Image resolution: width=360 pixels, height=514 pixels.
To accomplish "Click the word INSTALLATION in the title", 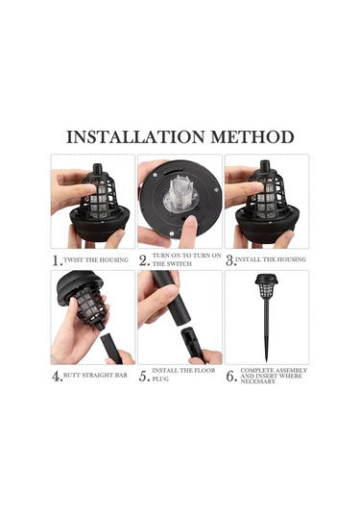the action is (135, 137).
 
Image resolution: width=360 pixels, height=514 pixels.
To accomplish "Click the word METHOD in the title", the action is (252, 137).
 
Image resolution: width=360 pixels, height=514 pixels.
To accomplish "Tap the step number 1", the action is (57, 260).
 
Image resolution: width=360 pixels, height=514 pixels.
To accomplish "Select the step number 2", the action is (144, 260).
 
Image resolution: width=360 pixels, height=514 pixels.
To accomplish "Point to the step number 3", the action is (230, 260).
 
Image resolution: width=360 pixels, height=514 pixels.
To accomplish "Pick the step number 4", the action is (57, 377).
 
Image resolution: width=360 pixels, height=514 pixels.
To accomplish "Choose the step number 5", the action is (144, 377).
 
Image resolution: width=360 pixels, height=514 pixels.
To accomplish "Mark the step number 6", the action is (231, 377).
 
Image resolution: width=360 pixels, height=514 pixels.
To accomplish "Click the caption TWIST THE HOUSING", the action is (96, 260).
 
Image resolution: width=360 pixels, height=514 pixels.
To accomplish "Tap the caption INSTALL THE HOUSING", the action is (271, 259).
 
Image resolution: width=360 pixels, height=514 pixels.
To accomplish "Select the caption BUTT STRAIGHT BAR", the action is (95, 375).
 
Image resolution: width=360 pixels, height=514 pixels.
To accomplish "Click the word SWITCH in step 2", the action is (180, 264).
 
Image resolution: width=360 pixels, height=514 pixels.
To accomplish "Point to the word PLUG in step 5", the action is (160, 379).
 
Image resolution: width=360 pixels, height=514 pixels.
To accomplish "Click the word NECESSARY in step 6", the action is (258, 381).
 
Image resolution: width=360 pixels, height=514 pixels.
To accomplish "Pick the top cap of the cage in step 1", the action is (97, 169).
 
